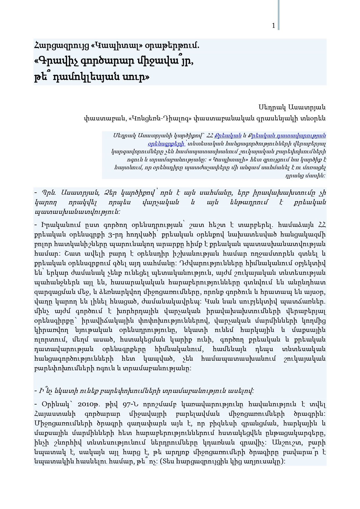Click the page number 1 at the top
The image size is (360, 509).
[274, 26]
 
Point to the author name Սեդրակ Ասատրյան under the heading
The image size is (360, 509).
[292, 107]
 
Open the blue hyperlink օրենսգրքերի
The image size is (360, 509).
[166, 143]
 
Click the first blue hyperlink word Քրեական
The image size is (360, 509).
[228, 135]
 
